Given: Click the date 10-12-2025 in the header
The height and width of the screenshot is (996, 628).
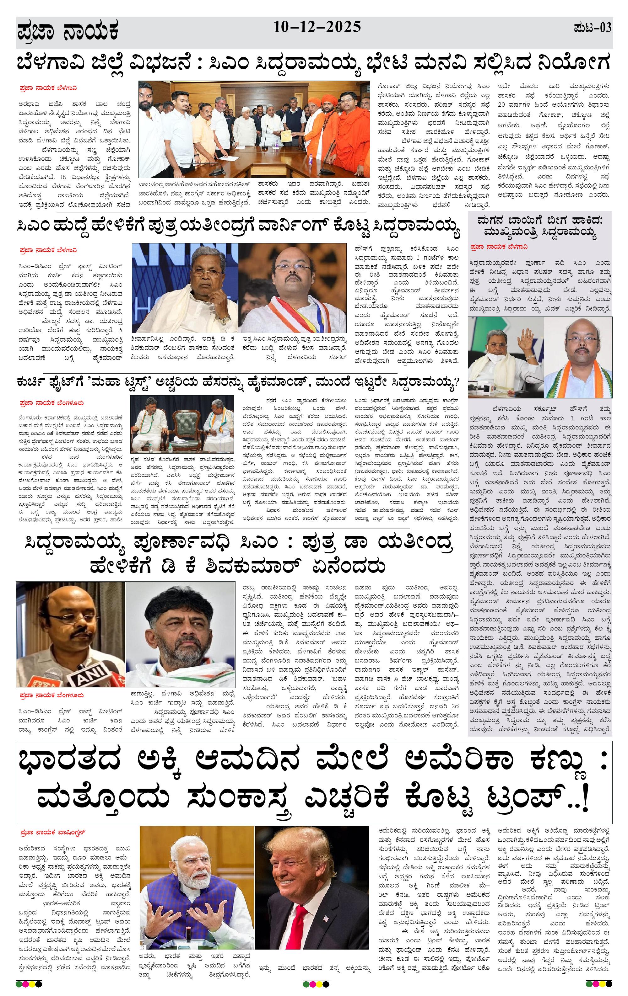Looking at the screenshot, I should click(x=317, y=27).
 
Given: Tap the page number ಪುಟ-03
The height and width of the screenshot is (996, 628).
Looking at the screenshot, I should click(x=593, y=28).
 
